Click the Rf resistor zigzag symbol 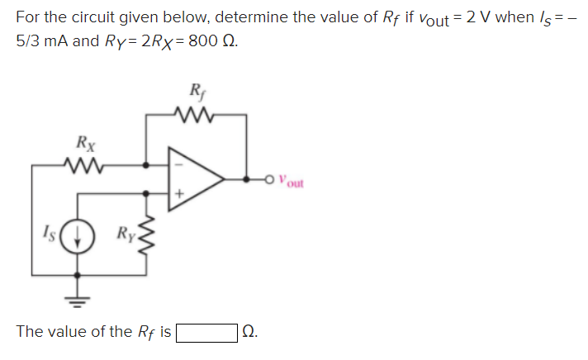click(196, 113)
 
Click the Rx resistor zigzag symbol click(85, 165)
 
